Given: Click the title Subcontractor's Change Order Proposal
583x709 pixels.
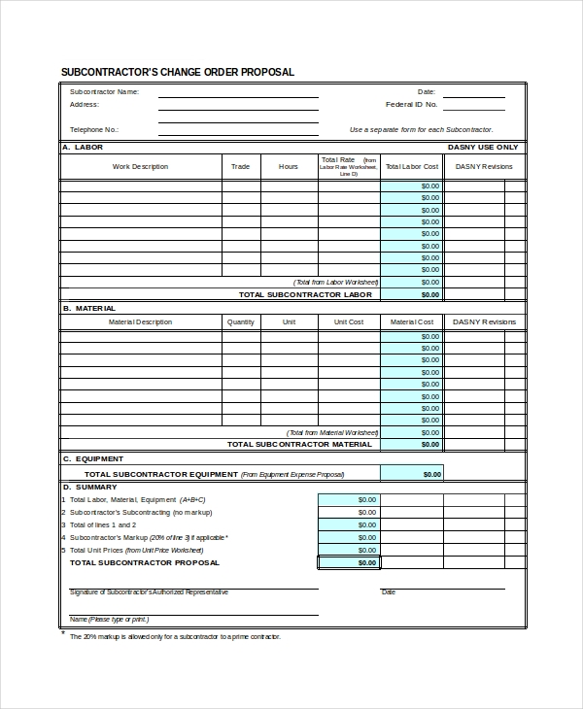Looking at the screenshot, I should click(177, 72).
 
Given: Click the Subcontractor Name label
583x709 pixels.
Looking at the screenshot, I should click(104, 91).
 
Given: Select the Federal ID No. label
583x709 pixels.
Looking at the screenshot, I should click(411, 104).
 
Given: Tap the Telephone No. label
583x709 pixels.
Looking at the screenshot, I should click(93, 129).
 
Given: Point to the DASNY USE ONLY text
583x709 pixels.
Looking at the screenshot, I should click(483, 147).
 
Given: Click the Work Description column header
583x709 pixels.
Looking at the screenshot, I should click(140, 166).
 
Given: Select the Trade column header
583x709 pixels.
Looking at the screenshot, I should click(240, 166).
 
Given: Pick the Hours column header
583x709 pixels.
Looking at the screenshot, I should click(289, 166).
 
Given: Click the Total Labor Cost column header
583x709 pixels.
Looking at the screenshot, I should click(412, 166).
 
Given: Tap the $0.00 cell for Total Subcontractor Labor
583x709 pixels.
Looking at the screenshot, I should click(412, 294).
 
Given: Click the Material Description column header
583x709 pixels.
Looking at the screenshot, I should click(140, 321).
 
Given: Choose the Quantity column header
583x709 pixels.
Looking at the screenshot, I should click(240, 321).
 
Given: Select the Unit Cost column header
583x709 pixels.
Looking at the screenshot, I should click(349, 321).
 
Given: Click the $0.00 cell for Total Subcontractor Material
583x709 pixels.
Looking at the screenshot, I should click(412, 444).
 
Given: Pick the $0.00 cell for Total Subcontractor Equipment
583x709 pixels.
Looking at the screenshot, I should click(412, 474).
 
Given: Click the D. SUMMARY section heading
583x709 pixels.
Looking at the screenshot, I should click(90, 487).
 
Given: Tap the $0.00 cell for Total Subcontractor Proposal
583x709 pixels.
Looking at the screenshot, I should click(349, 562).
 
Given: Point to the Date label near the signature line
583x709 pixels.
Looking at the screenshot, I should click(389, 591).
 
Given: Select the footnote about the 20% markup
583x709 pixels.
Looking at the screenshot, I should click(174, 636).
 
